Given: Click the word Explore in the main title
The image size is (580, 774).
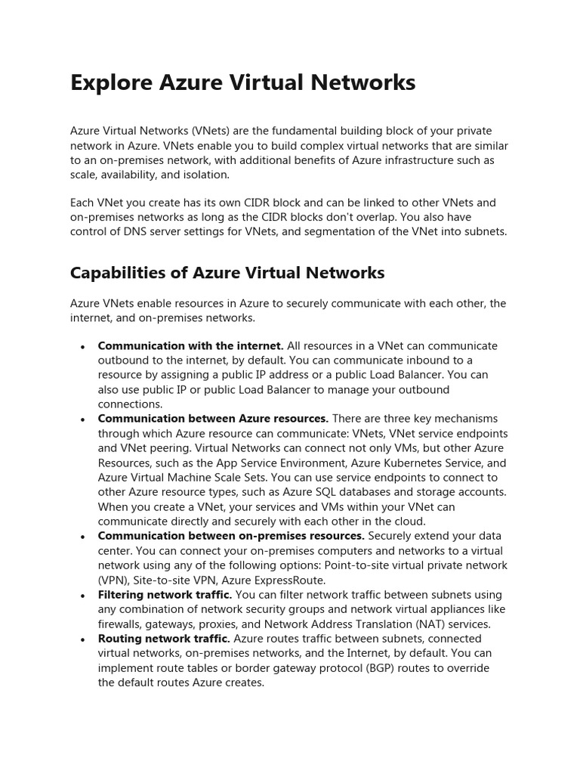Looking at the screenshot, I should [113, 82].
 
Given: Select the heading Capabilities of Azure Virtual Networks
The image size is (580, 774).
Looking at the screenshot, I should [227, 272].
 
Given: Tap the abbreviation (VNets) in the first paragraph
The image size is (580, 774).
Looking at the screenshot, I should [212, 131].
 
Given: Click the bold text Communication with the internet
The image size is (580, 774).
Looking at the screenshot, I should [190, 345].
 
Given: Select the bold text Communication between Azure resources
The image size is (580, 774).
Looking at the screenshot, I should [213, 419].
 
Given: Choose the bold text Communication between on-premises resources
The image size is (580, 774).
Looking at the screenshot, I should [231, 536].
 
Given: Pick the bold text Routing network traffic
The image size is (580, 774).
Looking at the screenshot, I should [164, 639].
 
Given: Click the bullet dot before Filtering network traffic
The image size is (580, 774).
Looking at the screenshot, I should [82, 596].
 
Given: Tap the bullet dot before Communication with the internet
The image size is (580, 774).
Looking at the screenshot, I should [82, 347].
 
